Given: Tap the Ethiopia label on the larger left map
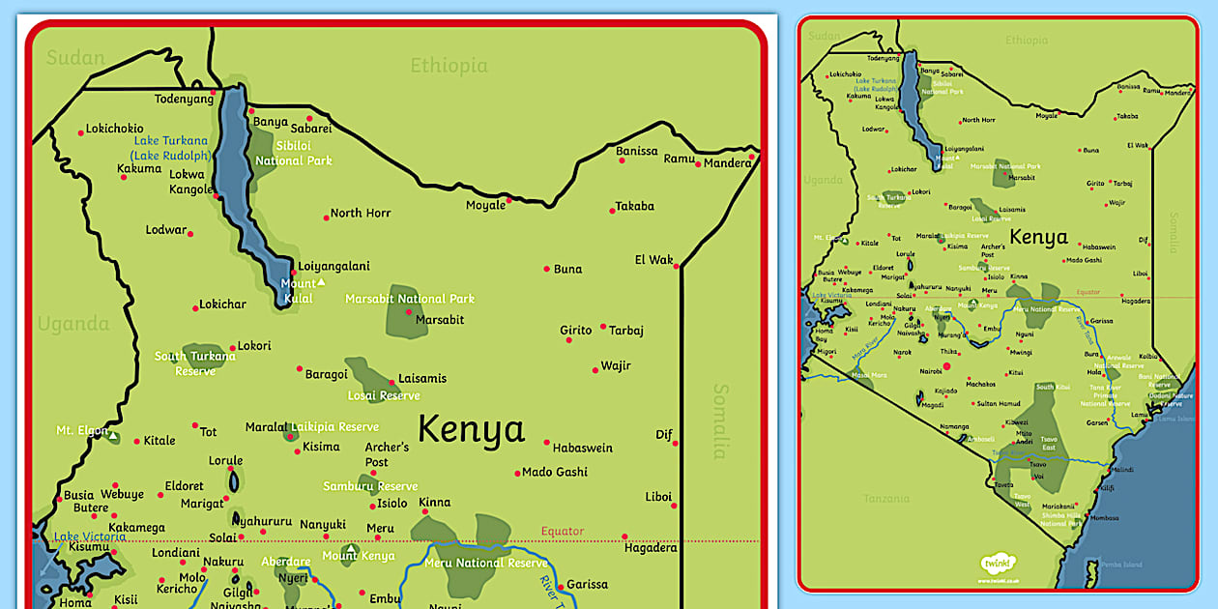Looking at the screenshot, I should click(449, 66).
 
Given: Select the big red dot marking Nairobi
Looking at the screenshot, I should click(946, 366).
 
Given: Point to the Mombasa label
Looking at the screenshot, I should click(1104, 518).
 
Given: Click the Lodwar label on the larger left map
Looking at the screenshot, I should click(165, 230).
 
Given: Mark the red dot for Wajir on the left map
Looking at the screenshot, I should click(595, 369).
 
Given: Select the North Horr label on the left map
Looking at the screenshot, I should click(361, 213).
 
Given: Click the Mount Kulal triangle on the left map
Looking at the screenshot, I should click(322, 282).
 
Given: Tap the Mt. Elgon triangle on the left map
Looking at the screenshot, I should click(113, 437).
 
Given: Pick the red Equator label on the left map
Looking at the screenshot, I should click(562, 531).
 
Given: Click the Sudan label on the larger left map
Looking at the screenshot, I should click(75, 58).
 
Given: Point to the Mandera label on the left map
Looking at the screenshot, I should click(727, 163).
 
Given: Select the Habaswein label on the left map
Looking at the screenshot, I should click(582, 448).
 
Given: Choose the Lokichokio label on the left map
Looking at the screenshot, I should click(114, 129).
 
